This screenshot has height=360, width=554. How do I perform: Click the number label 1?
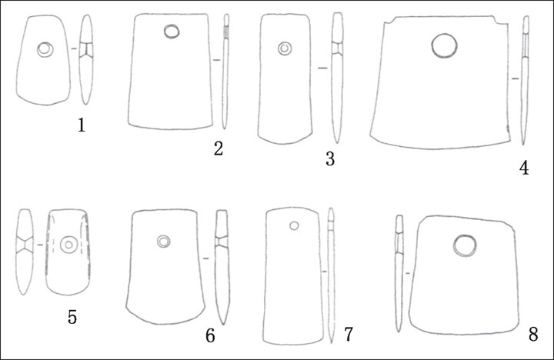tap(82, 125)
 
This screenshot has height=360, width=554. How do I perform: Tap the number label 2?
tap(219, 148)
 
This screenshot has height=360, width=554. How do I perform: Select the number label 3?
tap(330, 158)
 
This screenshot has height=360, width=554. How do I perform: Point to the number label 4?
tap(524, 168)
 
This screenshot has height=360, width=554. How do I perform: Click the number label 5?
tap(72, 317)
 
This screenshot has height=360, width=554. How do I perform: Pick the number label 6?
tap(210, 335)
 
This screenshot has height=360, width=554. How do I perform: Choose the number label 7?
tap(349, 334)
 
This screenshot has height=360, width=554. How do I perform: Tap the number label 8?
tap(533, 334)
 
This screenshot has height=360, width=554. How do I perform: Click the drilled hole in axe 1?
tap(45, 49)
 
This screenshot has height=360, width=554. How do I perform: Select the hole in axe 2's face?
tap(172, 32)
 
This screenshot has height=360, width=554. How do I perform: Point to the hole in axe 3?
tap(285, 48)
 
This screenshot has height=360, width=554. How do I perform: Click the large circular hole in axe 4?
tap(444, 45)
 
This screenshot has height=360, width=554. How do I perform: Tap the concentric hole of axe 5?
tap(68, 245)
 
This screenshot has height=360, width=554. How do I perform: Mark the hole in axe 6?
tap(163, 242)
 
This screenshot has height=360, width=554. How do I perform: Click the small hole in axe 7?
tap(294, 225)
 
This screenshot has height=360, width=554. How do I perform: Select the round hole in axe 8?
tap(465, 245)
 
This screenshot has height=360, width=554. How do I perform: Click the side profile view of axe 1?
tap(86, 59)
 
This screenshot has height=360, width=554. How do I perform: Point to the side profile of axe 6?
tap(222, 267)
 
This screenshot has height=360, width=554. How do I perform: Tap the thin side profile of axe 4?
tap(525, 80)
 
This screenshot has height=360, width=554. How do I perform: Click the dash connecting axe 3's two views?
tap(322, 68)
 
